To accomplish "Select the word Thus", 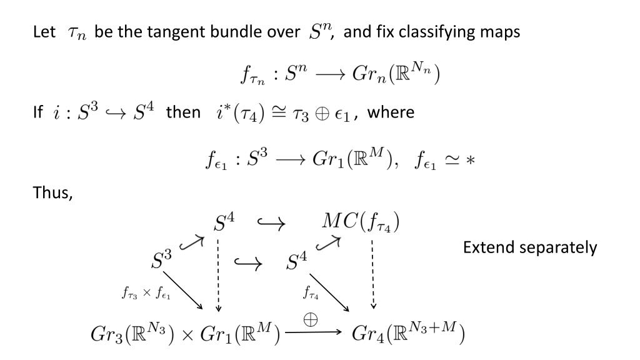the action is (52, 193).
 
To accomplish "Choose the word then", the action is (182, 112).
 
